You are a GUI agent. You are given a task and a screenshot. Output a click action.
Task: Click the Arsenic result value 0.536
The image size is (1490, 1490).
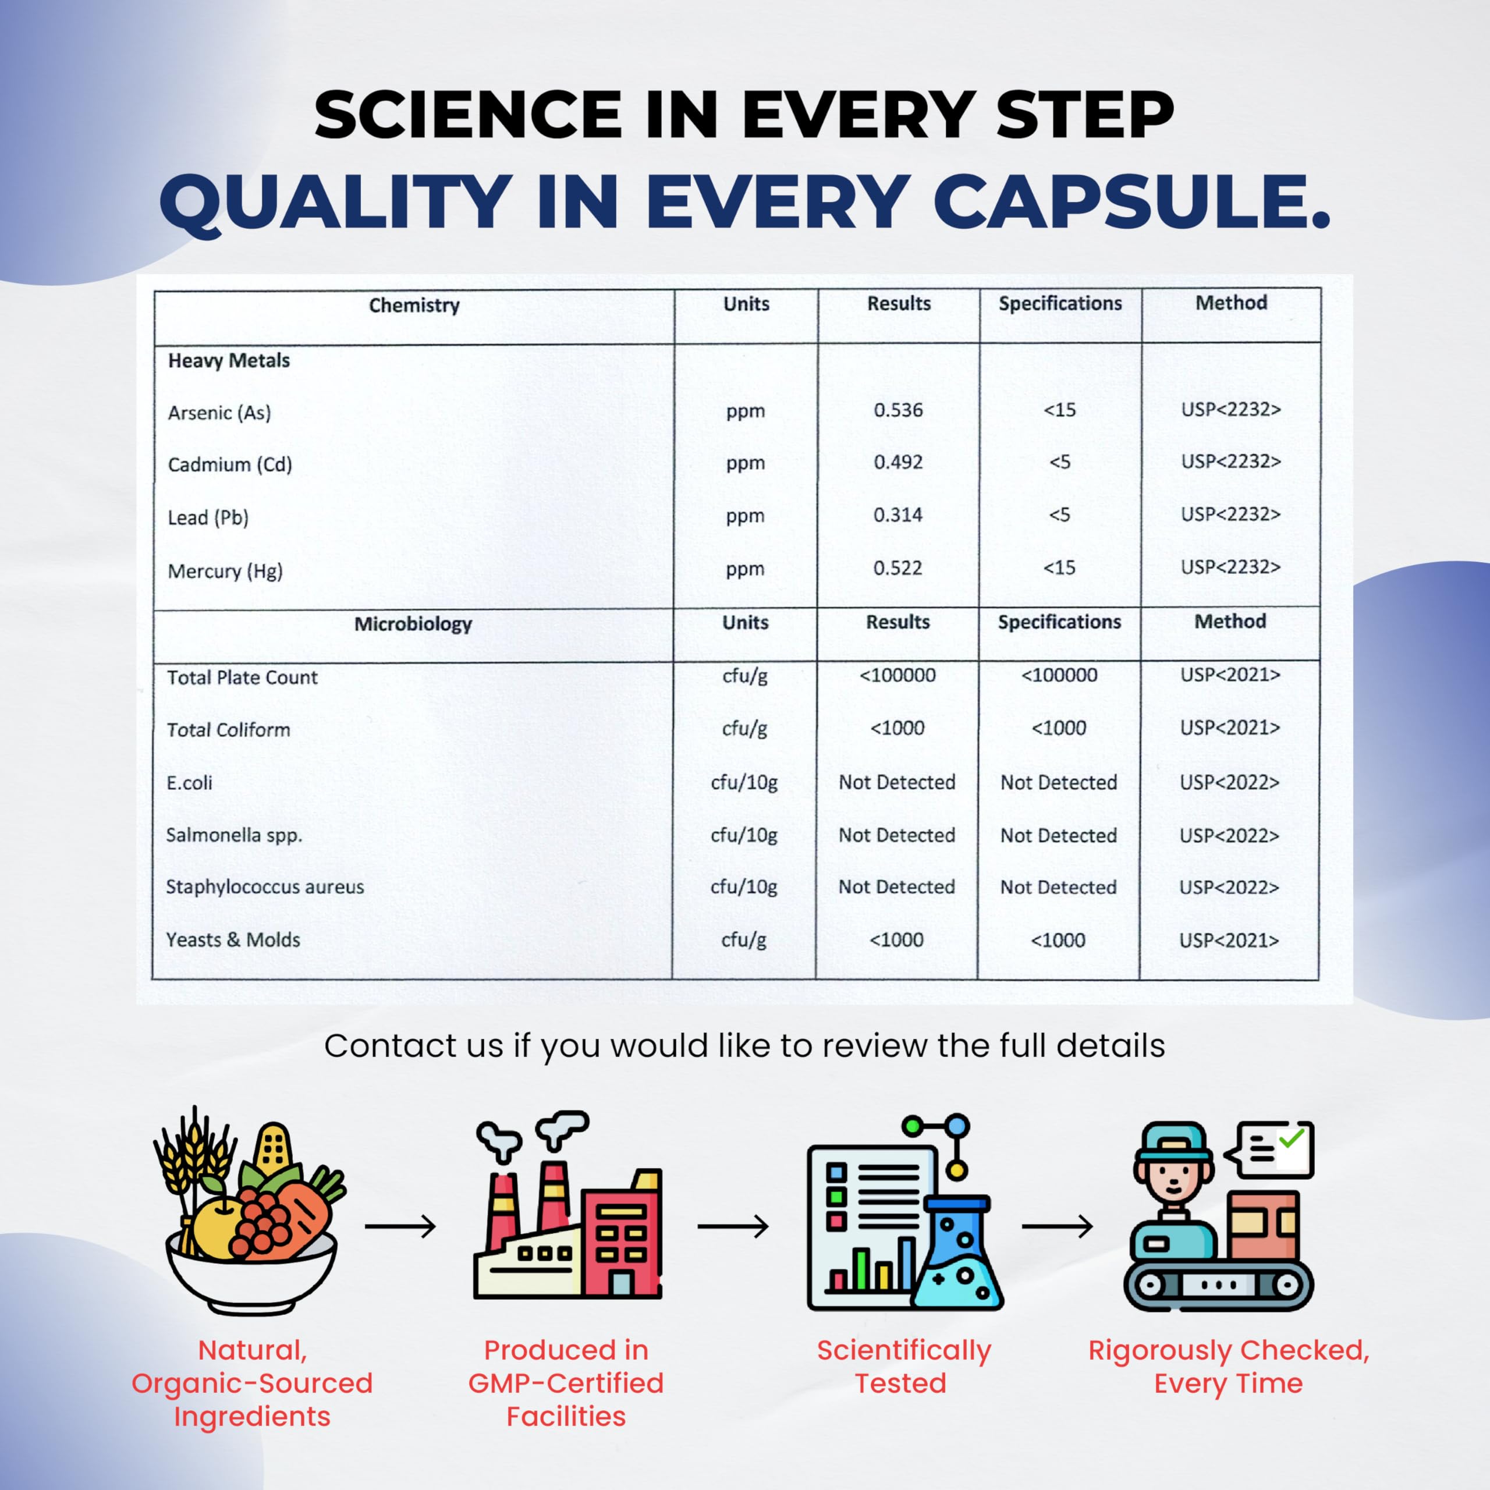coord(897,410)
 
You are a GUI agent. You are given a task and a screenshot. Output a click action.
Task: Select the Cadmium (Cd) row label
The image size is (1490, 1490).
coord(230,464)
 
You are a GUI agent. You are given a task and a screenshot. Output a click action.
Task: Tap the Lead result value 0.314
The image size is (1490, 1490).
coord(897,515)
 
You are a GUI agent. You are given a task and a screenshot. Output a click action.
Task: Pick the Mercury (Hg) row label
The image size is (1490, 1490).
coord(225,571)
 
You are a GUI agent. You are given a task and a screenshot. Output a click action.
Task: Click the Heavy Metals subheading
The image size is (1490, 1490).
coord(229,360)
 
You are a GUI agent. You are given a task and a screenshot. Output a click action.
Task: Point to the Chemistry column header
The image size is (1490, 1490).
coord(414,306)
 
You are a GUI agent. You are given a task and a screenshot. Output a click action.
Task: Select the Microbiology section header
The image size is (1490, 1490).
coord(413,623)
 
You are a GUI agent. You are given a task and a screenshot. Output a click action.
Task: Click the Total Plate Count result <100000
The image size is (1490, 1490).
coord(897,675)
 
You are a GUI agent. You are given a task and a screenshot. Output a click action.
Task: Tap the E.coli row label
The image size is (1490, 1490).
coord(189,783)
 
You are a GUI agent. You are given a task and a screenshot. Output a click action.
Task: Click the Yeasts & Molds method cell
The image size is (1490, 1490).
coord(1229,940)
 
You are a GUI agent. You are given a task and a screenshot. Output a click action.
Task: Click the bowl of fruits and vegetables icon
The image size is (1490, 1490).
coord(249,1210)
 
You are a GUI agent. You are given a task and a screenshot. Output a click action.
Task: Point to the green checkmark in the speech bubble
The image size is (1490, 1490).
coord(1291,1139)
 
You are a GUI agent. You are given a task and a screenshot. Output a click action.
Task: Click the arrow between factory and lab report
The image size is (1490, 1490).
coord(733,1226)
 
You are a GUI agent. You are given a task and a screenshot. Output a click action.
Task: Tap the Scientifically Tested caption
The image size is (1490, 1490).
coord(903,1366)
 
